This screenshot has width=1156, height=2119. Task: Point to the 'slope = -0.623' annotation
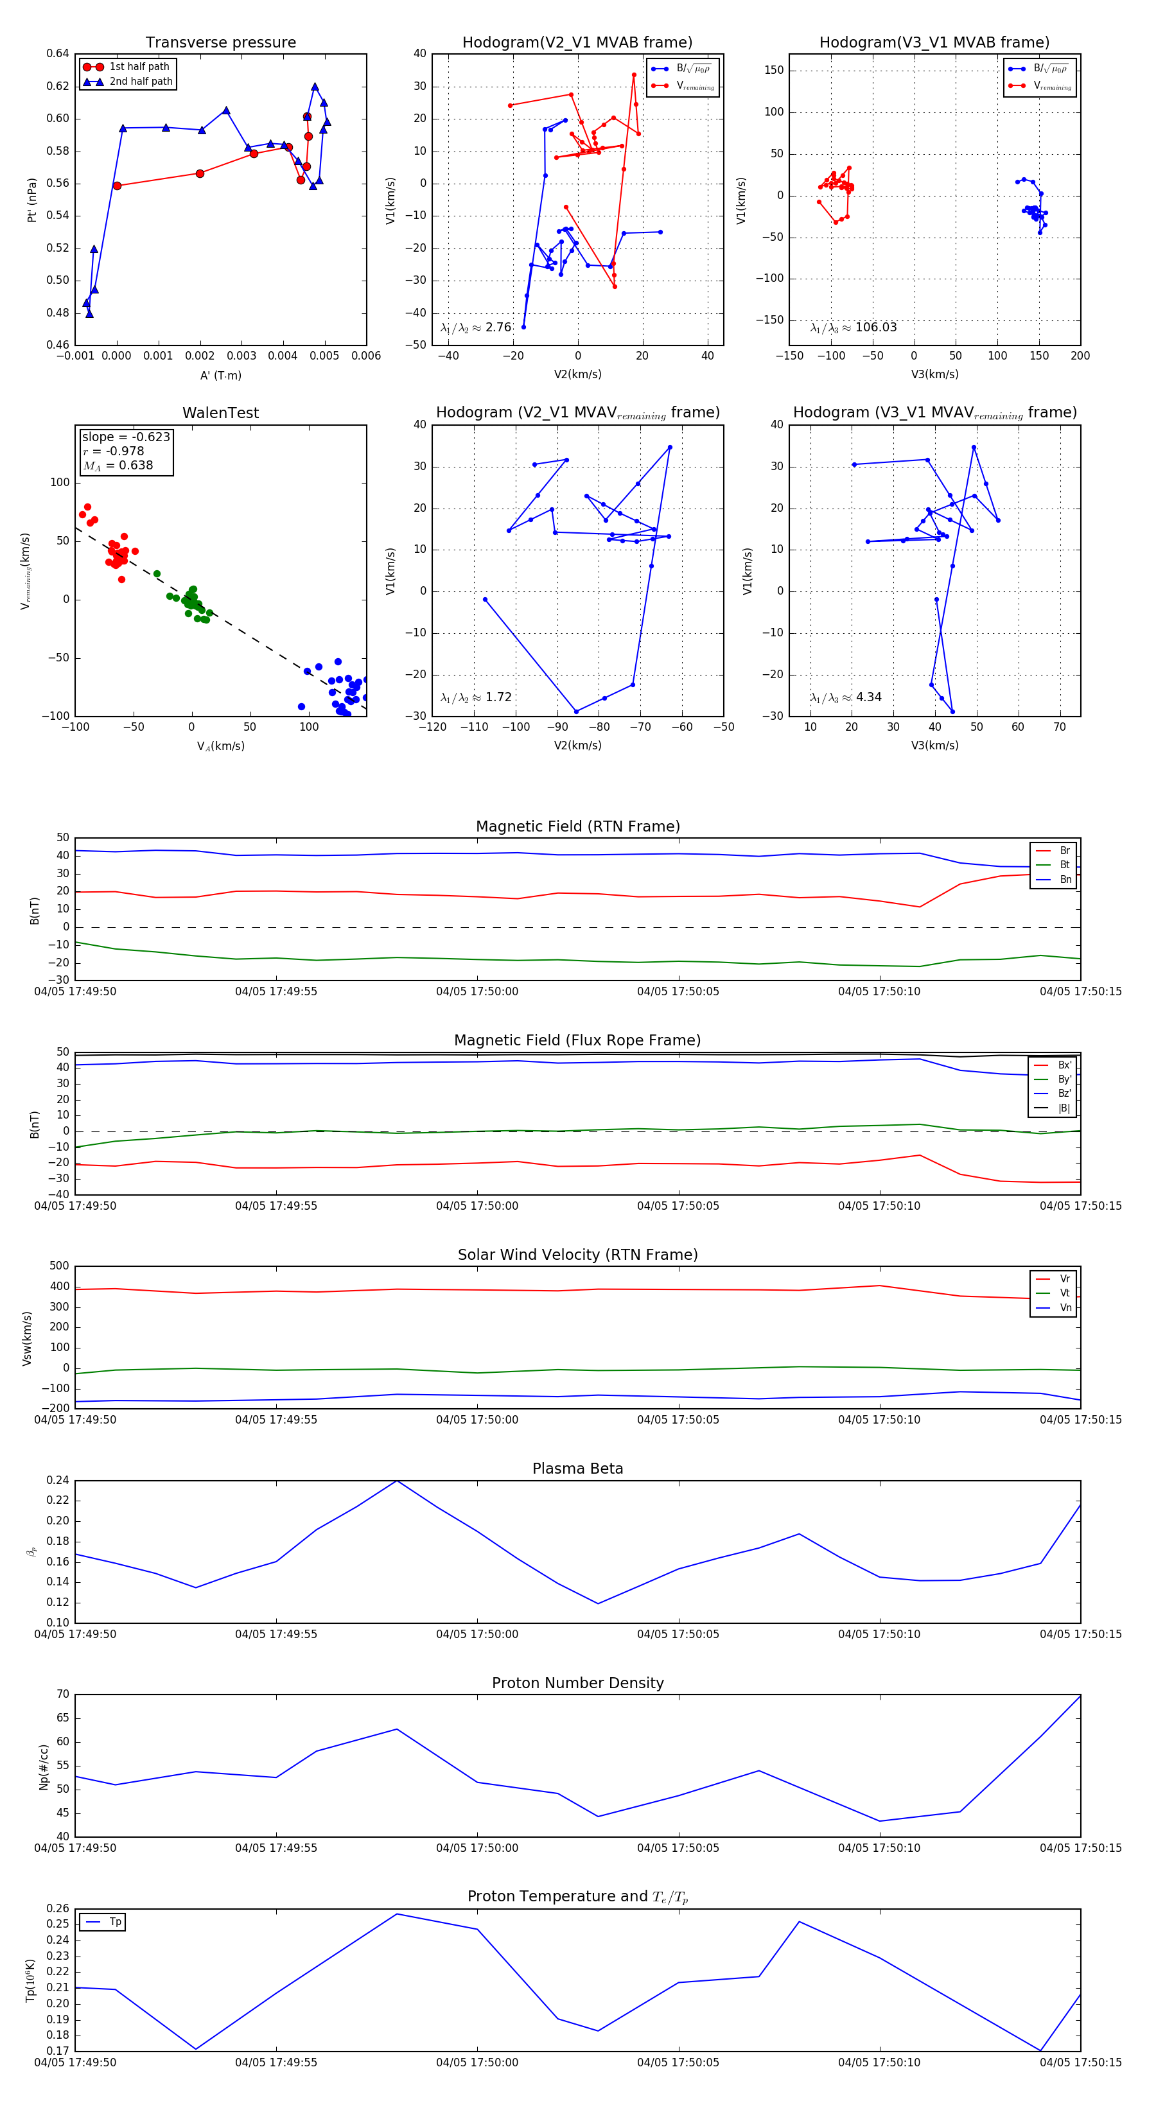[126, 437]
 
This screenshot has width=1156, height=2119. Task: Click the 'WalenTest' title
[220, 413]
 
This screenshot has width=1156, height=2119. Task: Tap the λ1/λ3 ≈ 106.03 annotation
[854, 327]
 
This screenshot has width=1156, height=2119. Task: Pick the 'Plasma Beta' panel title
[577, 1469]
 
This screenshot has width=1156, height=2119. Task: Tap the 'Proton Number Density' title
[577, 1683]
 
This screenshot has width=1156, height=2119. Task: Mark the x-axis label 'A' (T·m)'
[220, 375]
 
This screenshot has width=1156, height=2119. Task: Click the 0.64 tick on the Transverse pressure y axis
[58, 53]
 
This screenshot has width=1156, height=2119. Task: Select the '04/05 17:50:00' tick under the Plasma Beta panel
[477, 1634]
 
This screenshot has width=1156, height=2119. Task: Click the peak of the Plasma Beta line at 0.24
[398, 1481]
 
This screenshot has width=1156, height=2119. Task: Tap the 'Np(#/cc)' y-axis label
[44, 1767]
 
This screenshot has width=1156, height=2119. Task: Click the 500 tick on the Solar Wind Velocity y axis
[59, 1266]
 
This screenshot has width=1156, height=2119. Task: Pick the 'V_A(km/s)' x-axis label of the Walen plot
[220, 746]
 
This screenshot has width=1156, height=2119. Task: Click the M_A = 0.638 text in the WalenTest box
[118, 466]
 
